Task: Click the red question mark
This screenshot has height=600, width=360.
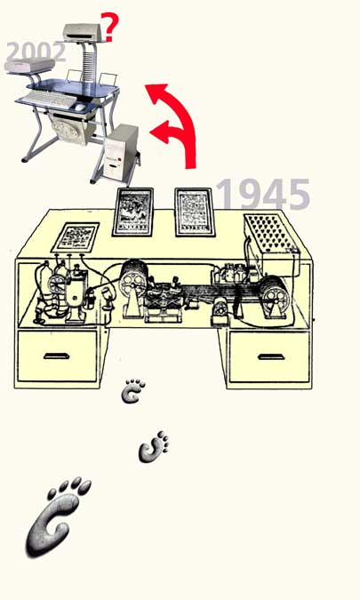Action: click(111, 27)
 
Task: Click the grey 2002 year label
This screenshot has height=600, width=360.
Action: click(36, 52)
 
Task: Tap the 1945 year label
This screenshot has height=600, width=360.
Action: click(263, 194)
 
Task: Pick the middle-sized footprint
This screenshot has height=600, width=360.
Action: click(152, 448)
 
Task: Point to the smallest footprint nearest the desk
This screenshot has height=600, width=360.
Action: click(132, 391)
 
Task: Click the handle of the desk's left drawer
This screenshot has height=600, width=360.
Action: click(56, 356)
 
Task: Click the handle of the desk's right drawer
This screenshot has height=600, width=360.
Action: click(271, 357)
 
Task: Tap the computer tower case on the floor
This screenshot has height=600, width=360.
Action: click(121, 152)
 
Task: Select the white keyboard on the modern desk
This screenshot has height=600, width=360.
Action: click(49, 100)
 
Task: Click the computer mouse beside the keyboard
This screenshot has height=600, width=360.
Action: click(80, 108)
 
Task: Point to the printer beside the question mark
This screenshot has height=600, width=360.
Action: click(83, 33)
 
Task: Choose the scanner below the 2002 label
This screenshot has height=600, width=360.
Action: click(29, 66)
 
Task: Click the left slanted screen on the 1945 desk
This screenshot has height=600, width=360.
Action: click(132, 212)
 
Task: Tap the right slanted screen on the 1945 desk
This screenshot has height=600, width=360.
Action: click(195, 212)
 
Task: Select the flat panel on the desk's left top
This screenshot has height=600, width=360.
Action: click(76, 237)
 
